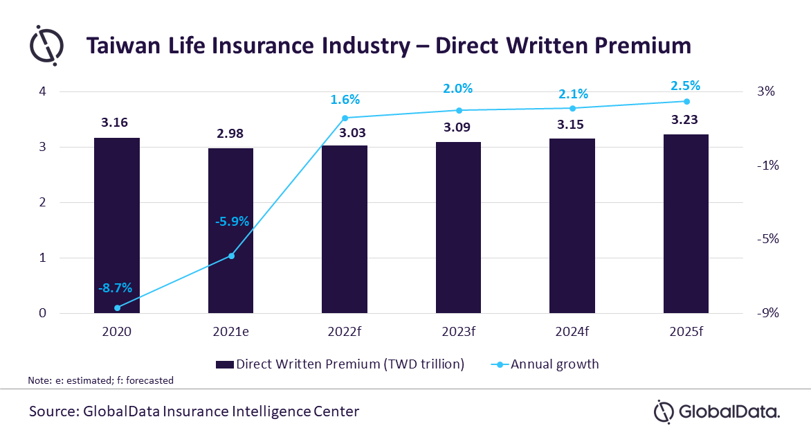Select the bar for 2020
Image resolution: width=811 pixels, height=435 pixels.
tap(117, 225)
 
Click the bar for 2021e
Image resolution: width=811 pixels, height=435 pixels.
tap(231, 231)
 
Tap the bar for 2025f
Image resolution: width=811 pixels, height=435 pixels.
tap(686, 223)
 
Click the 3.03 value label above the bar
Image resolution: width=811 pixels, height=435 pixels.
tap(345, 133)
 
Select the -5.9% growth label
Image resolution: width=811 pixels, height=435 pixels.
tap(231, 222)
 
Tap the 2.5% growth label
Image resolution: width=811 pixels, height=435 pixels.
tap(686, 86)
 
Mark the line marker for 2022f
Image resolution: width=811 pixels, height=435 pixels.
tap(345, 118)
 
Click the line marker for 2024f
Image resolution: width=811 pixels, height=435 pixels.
tap(572, 108)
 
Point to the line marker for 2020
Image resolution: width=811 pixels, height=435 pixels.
tap(117, 308)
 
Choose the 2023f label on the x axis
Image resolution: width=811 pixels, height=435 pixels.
tap(458, 331)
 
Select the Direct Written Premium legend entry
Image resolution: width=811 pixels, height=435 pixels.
tap(340, 364)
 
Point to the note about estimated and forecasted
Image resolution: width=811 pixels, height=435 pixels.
tap(100, 380)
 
